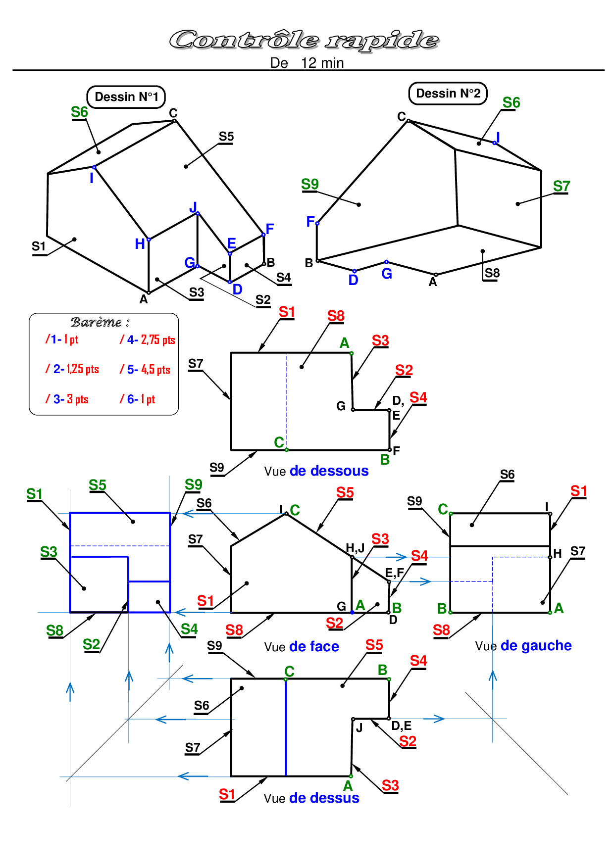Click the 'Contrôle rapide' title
tap(304, 40)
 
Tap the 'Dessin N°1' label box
tap(126, 96)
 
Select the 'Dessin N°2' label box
tap(448, 93)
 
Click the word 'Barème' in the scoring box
tap(97, 322)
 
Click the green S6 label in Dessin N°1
tap(79, 112)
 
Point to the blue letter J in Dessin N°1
tap(193, 207)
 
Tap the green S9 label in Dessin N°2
tap(310, 184)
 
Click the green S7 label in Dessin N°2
tap(562, 186)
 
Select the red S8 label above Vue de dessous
tap(336, 316)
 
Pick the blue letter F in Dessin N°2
tap(310, 221)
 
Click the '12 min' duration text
tap(322, 63)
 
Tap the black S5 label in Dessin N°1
tap(226, 137)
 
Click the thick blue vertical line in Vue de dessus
tap(286, 727)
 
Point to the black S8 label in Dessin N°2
tap(492, 273)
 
